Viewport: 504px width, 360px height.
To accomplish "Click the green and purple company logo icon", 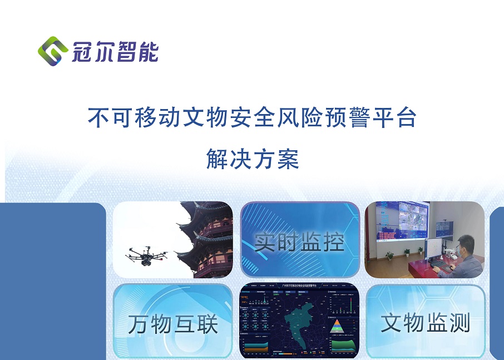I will pos(53,51).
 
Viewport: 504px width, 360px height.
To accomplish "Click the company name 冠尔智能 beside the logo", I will pos(115,51).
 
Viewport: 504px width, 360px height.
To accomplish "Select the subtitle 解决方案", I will pos(253,159).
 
